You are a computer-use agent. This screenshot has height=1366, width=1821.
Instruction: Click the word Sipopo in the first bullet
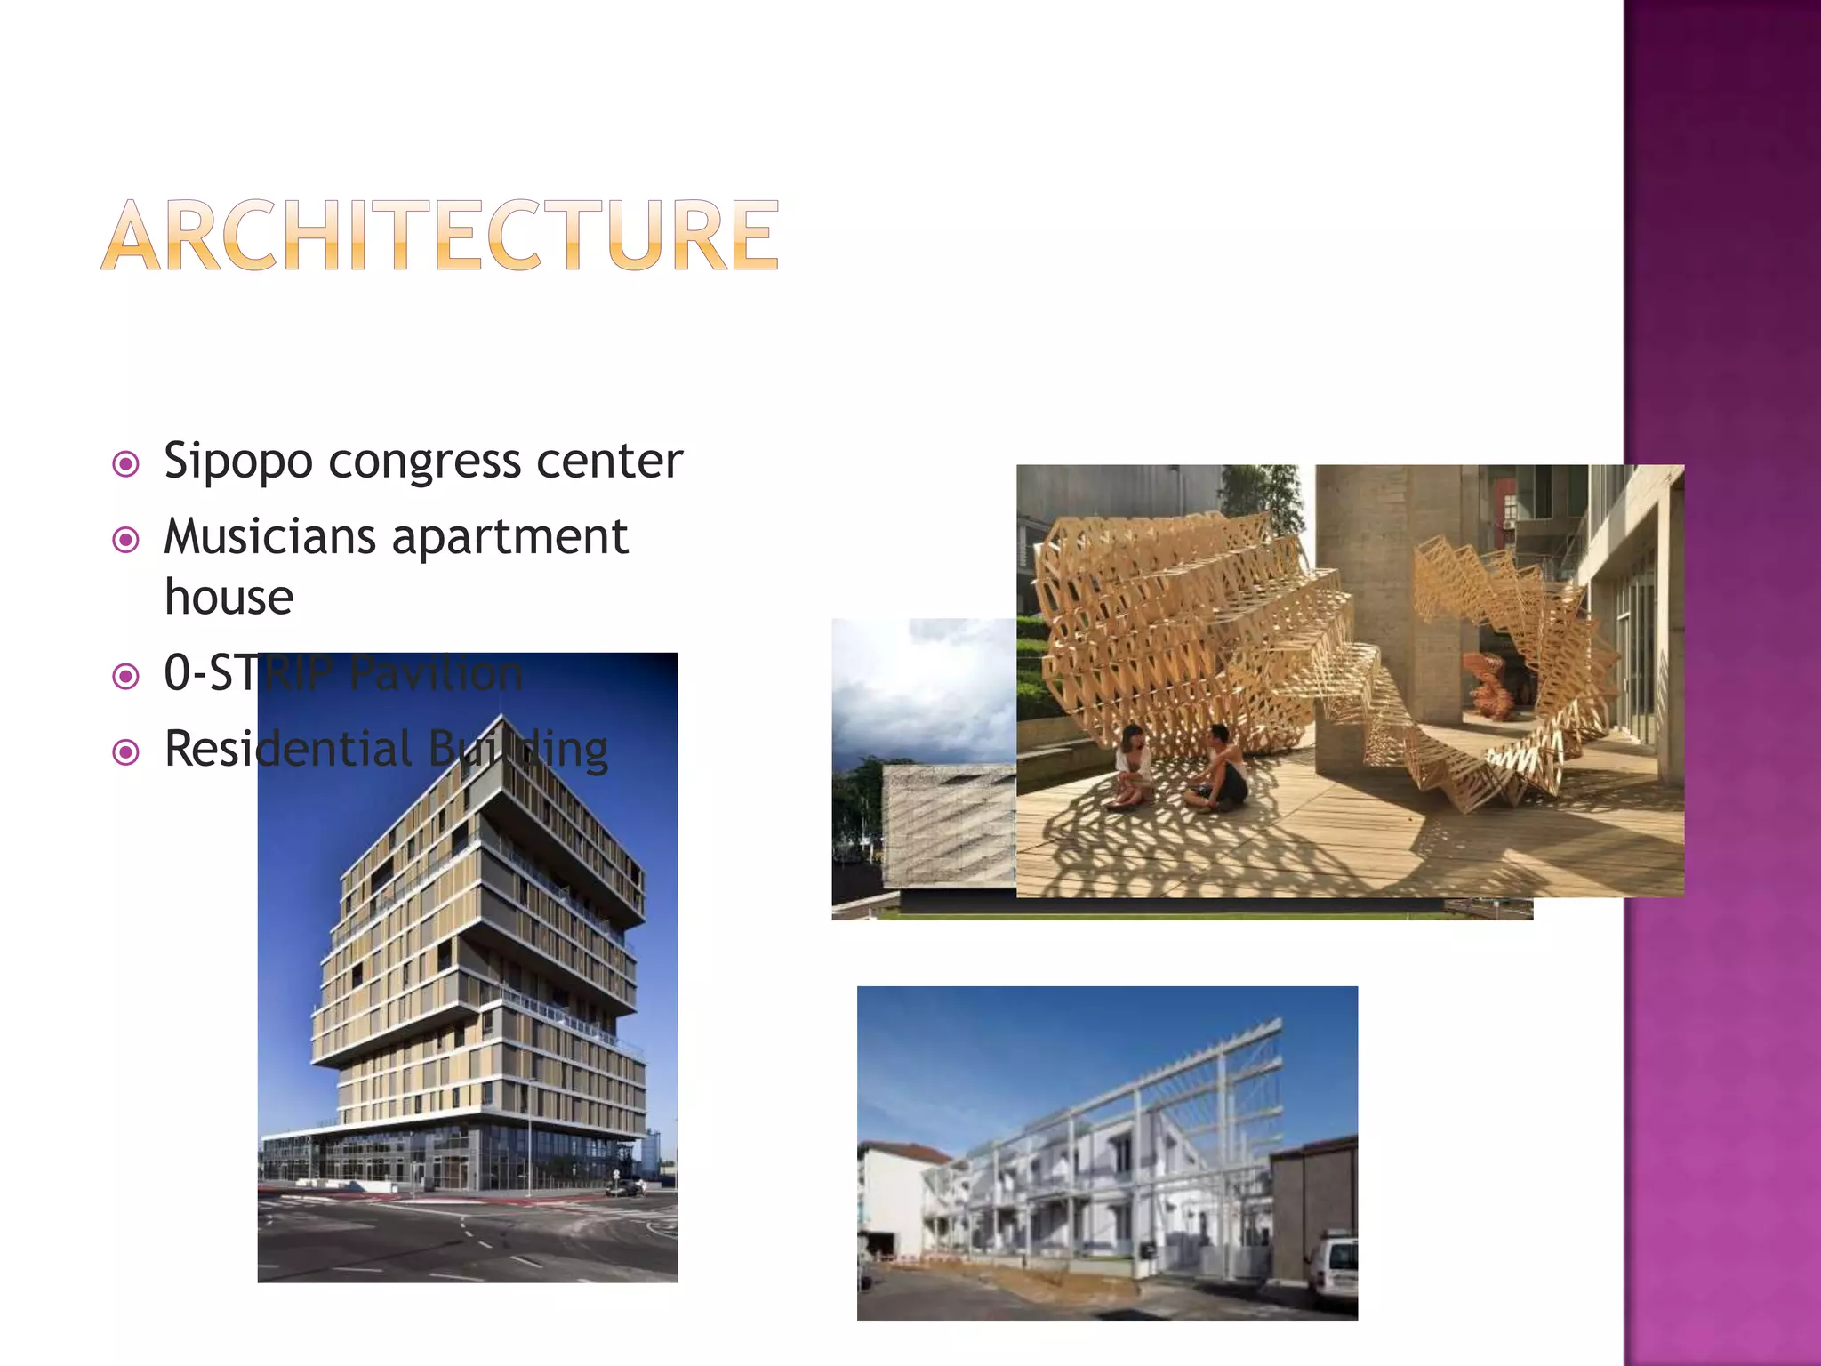click(238, 462)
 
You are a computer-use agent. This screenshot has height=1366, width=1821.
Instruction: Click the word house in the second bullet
click(229, 597)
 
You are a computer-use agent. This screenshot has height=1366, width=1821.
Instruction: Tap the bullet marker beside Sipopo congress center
click(126, 464)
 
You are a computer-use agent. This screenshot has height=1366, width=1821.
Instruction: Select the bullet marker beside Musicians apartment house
click(126, 540)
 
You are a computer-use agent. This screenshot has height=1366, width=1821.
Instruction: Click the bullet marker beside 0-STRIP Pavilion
click(126, 677)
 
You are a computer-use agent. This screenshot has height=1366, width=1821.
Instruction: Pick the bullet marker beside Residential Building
click(126, 752)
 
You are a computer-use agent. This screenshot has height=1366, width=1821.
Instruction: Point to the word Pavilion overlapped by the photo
click(436, 673)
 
